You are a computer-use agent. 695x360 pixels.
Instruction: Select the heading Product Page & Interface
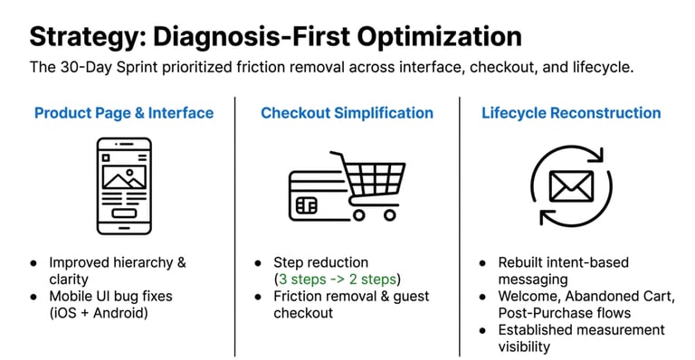tap(124, 113)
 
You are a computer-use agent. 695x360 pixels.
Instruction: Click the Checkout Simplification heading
tap(347, 113)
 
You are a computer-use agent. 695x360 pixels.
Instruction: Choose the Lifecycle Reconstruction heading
tap(571, 113)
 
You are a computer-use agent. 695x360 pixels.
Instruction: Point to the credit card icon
tap(316, 193)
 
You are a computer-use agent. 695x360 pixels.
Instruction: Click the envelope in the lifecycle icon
tap(571, 186)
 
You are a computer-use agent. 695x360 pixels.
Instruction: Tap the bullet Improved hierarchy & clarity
tap(117, 271)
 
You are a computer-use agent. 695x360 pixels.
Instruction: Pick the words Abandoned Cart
tap(627, 297)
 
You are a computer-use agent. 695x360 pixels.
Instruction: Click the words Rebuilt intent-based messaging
tap(563, 271)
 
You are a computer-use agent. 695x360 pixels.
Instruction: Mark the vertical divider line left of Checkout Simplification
tap(234, 226)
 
